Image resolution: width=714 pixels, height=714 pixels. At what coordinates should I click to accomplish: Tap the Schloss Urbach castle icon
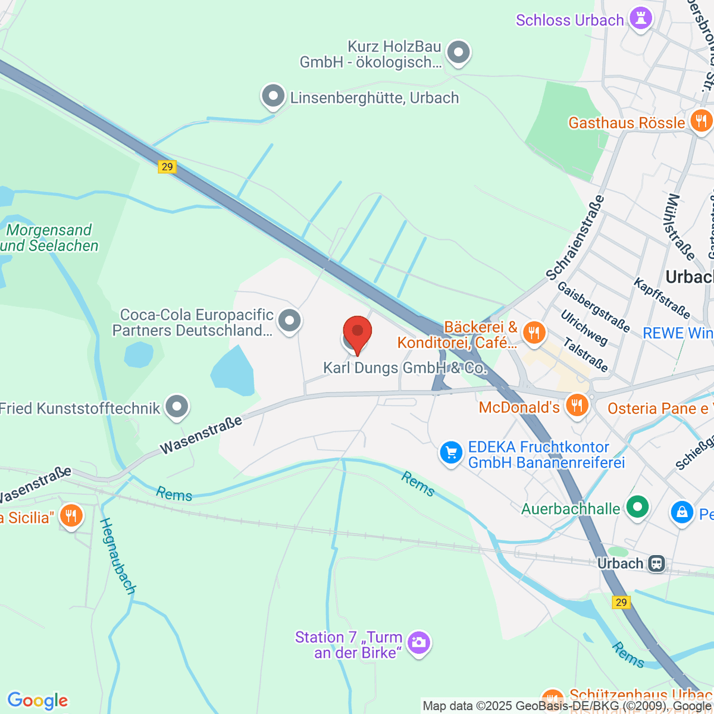[x=641, y=19]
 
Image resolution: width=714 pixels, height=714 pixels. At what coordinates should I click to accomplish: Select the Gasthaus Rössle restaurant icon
[x=701, y=121]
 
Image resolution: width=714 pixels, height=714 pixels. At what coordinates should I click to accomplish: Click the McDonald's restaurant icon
[x=577, y=406]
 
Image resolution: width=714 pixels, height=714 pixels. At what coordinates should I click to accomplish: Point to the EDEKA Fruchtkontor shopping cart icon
[x=451, y=453]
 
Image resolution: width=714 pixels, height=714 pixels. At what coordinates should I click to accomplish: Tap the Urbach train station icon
[x=657, y=563]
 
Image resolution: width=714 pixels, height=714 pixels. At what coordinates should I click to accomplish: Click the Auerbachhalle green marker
[x=638, y=508]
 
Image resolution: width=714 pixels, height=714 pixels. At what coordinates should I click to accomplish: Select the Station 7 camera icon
[x=419, y=643]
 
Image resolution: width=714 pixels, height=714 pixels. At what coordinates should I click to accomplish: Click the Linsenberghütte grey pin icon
[x=273, y=96]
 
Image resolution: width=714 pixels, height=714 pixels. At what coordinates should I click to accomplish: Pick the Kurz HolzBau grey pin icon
[x=458, y=52]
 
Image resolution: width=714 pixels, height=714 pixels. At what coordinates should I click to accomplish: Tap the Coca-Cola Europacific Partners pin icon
[x=290, y=321]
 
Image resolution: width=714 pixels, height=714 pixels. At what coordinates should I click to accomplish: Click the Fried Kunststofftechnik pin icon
[x=177, y=408]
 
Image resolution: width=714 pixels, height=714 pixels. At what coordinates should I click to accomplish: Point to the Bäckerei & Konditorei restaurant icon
[x=534, y=333]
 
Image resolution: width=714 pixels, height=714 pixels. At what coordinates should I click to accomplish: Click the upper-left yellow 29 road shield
[x=167, y=167]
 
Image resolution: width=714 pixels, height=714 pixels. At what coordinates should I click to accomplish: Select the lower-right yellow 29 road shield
[x=621, y=602]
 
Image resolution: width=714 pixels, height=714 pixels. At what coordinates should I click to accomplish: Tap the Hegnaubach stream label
[x=117, y=556]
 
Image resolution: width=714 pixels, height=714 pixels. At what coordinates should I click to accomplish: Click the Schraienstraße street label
[x=575, y=237]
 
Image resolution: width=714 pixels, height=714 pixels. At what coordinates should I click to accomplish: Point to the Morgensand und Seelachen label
[x=50, y=238]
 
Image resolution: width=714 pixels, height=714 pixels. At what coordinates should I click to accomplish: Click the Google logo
[x=37, y=700]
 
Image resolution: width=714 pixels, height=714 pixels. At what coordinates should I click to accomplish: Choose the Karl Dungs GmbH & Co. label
[x=405, y=368]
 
